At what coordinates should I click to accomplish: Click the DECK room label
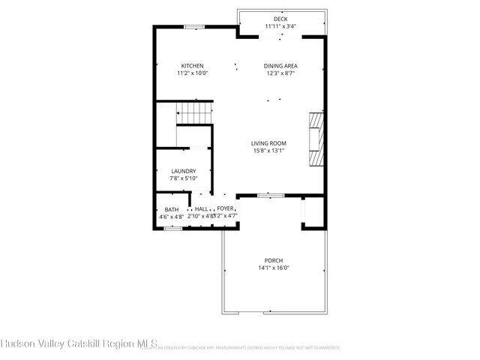coord(280,19)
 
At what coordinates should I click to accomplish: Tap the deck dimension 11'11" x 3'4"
coord(280,26)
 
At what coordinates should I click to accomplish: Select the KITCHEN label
coord(190,66)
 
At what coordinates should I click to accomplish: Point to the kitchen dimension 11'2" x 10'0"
coord(190,73)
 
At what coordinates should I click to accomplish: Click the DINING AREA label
coord(280,66)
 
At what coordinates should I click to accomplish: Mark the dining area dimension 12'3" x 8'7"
coord(280,73)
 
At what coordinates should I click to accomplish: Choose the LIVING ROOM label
coord(268,143)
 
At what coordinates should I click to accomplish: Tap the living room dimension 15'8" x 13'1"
coord(268,151)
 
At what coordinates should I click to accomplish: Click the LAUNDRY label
coord(183,171)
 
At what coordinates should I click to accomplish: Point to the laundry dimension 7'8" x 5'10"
coord(183,178)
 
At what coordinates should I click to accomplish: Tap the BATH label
coord(172,209)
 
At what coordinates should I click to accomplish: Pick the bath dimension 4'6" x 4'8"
coord(171,217)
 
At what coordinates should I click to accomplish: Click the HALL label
coord(202,209)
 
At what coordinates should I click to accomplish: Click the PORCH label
coord(273,260)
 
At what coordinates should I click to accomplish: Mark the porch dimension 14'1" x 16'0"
coord(273,268)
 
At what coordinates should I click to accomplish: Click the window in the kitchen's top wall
coord(195,27)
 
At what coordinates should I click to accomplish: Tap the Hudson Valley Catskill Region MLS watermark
coord(79,345)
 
